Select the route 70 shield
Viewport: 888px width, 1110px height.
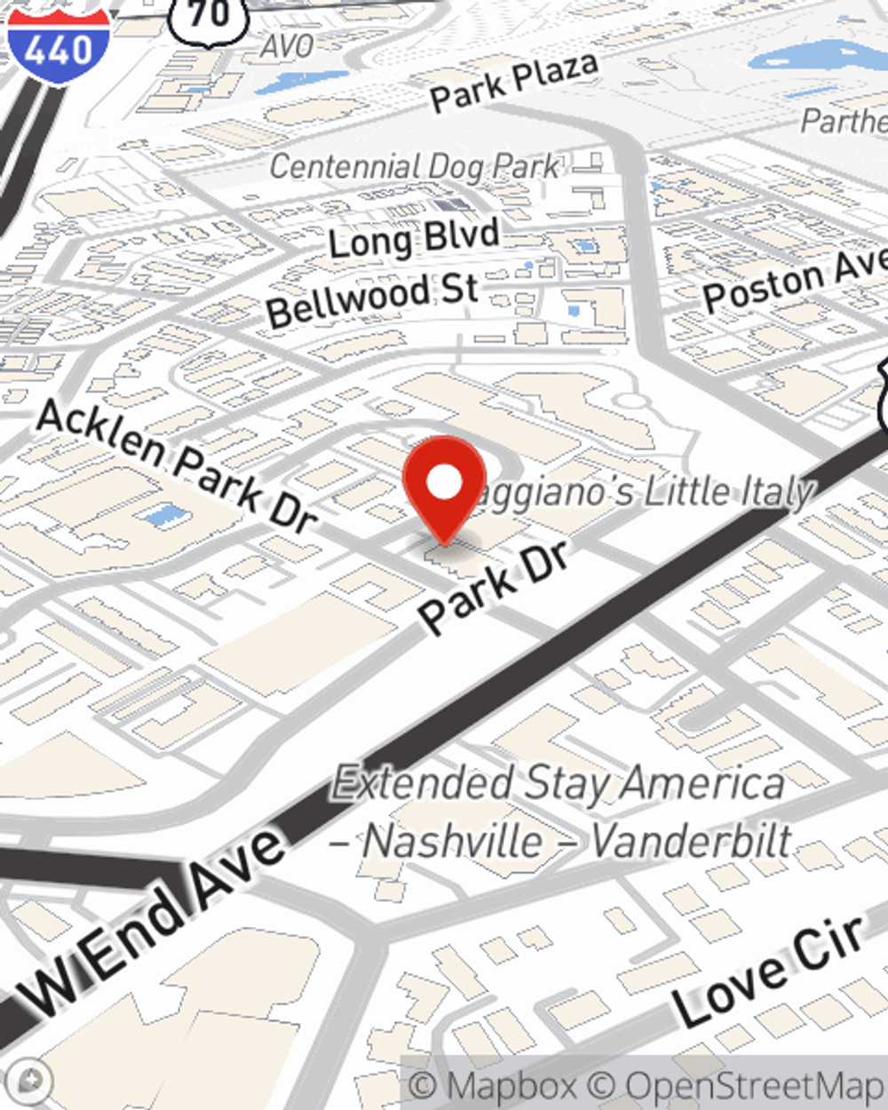click(210, 15)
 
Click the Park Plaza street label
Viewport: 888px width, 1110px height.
click(514, 82)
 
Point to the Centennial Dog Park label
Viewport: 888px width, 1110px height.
click(415, 166)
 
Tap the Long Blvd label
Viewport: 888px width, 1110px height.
click(414, 238)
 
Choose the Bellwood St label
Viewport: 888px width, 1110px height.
click(372, 298)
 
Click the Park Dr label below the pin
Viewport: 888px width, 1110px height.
click(494, 586)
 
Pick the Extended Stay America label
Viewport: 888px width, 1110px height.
click(559, 784)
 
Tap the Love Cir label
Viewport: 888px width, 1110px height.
click(768, 971)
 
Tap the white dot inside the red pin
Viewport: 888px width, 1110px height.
click(444, 482)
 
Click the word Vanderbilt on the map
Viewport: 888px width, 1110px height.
click(691, 841)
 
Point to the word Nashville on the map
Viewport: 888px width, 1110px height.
click(453, 841)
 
